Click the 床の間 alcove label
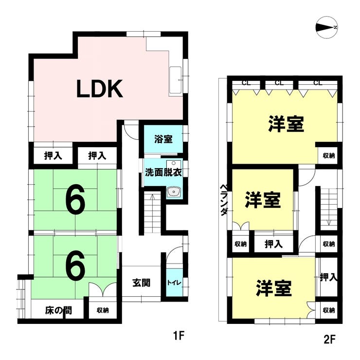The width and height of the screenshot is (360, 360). coord(58,310)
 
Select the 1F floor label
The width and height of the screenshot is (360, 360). coord(180,336)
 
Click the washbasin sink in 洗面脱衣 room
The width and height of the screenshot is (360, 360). coord(173,192)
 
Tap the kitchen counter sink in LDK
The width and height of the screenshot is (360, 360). coord(175,80)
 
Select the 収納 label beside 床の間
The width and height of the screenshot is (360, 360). coord(102,310)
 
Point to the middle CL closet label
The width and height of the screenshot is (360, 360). coord(279,83)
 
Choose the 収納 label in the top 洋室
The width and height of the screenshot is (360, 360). coord(328,155)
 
